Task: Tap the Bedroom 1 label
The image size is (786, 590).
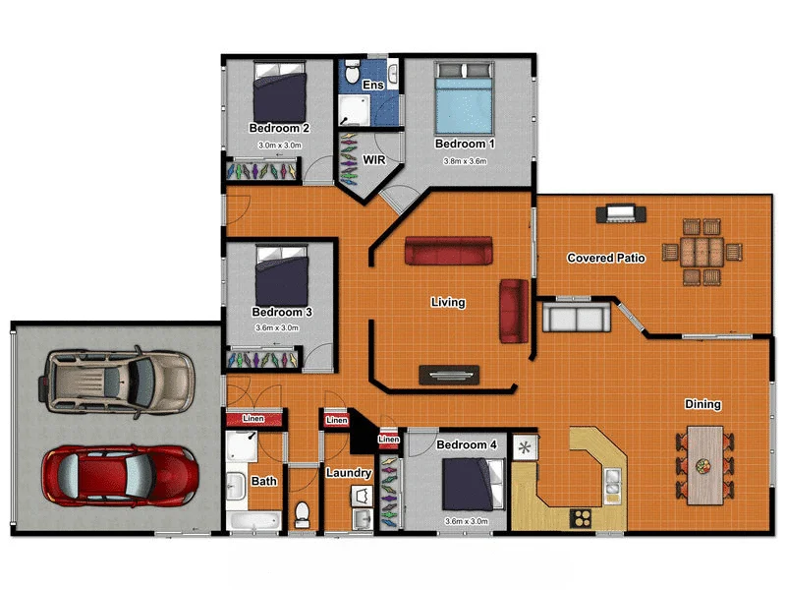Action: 465,144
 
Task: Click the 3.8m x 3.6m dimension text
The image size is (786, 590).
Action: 465,161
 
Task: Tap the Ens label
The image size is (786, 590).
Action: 372,86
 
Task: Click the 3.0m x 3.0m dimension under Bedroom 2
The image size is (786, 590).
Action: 279,145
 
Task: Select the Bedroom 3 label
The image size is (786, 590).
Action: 282,312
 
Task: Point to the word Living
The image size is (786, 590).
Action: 447,302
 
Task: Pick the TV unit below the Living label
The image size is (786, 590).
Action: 449,374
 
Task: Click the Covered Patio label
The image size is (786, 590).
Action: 605,259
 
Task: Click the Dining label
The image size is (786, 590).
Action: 702,404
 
